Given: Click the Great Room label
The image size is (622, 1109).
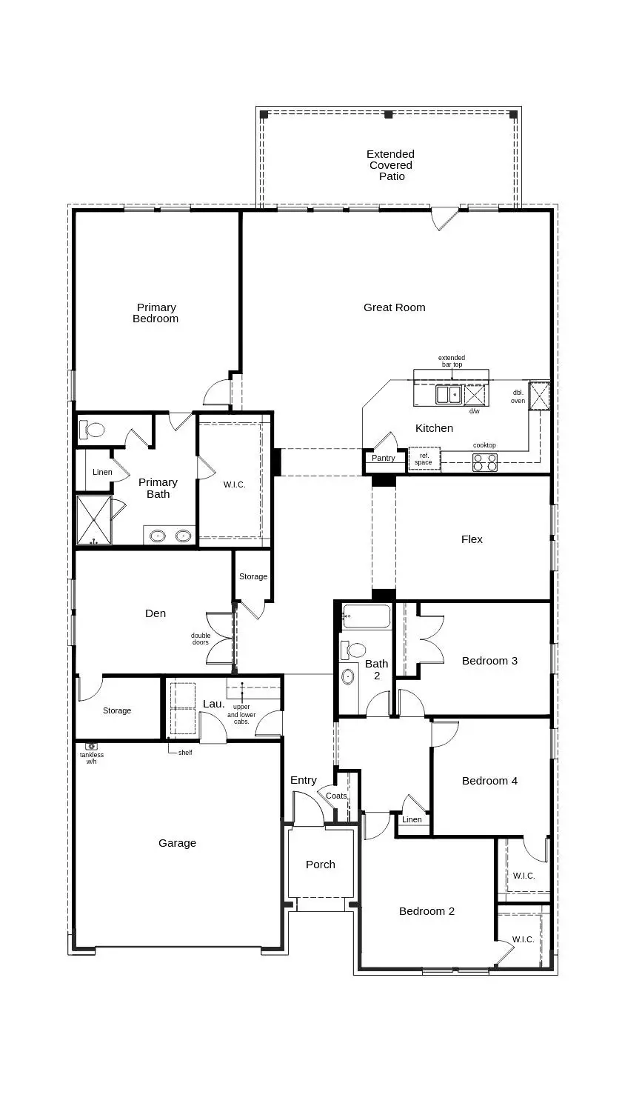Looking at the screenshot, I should point(394,307).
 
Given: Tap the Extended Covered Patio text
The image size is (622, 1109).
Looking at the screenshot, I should point(391,165).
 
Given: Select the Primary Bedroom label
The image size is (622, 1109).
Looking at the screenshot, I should point(155,313).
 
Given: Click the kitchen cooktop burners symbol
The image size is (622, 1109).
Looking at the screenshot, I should point(485,462).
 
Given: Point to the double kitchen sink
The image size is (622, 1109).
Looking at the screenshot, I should point(448,395).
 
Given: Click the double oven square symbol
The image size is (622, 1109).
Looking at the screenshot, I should point(539,395).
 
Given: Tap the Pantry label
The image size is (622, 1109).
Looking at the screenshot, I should point(383,459).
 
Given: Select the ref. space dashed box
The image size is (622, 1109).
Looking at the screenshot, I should point(424,459).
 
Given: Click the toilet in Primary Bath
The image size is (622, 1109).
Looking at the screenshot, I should point(93,429).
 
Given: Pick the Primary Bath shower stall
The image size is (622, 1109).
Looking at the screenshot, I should point(93,520).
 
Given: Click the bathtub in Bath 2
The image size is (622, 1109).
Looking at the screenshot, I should point(366,616).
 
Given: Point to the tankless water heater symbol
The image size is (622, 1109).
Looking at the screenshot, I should point(91,746).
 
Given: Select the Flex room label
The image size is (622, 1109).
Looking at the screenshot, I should point(472,539).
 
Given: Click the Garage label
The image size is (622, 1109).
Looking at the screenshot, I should point(178,843).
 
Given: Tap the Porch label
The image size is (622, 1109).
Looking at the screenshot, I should point(321,865).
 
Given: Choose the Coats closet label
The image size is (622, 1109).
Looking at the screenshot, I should point(336,796).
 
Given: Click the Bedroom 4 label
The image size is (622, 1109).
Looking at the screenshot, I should point(489,781).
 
